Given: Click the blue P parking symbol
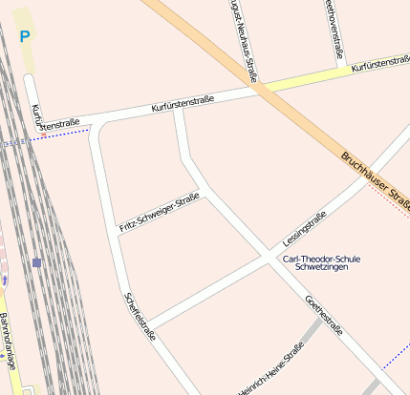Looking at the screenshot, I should click(24, 37).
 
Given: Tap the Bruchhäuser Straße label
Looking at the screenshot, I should click(375, 178).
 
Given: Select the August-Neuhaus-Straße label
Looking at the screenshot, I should click(242, 40).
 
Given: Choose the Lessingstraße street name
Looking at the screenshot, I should click(305, 227).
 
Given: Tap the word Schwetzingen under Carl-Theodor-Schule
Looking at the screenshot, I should click(321, 268).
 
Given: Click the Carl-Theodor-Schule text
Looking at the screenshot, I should click(321, 258).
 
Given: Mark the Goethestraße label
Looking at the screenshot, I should click(324, 315).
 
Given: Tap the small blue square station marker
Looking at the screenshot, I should click(36, 262).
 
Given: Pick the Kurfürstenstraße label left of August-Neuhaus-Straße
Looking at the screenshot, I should click(182, 104).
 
